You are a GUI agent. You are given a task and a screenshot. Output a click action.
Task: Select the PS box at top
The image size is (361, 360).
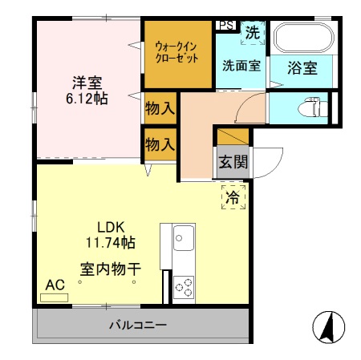(x=225, y=25)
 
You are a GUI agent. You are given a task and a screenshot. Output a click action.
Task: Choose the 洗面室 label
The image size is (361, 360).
(x=241, y=67)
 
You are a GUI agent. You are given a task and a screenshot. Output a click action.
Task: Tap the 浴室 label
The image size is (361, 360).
(x=302, y=67)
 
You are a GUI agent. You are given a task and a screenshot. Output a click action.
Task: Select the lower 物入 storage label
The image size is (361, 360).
(x=160, y=144)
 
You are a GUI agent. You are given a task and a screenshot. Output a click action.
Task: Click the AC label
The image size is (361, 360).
(x=55, y=285)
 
